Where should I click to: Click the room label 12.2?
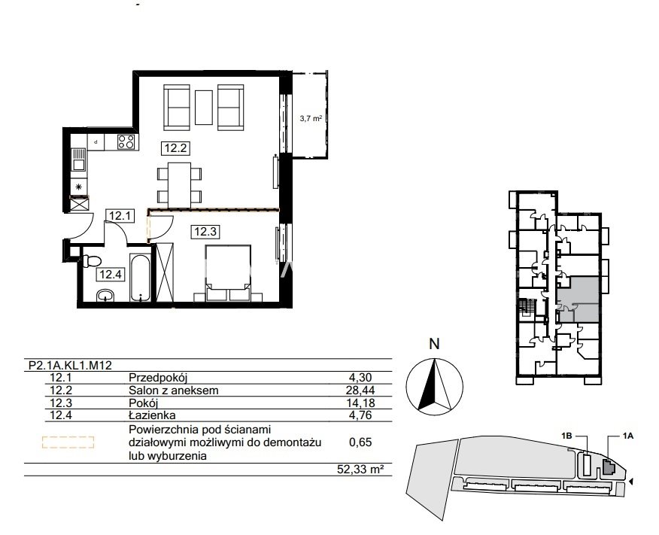175,148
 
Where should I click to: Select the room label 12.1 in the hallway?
120,216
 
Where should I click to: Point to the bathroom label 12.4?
111,275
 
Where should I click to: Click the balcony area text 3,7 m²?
311,119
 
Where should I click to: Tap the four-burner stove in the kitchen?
126,141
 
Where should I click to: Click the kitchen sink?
78,160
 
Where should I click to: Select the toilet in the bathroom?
91,261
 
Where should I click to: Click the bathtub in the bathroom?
140,278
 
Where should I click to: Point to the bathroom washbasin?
105,296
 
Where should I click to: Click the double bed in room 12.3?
228,273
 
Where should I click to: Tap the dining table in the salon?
180,185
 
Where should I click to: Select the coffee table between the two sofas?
204,107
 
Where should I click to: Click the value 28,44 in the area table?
360,391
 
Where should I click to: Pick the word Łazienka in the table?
152,415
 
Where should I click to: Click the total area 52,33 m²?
360,469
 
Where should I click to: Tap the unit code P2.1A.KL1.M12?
70,365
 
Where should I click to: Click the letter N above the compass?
434,344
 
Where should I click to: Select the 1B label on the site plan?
567,436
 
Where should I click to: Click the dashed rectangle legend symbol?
68,442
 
